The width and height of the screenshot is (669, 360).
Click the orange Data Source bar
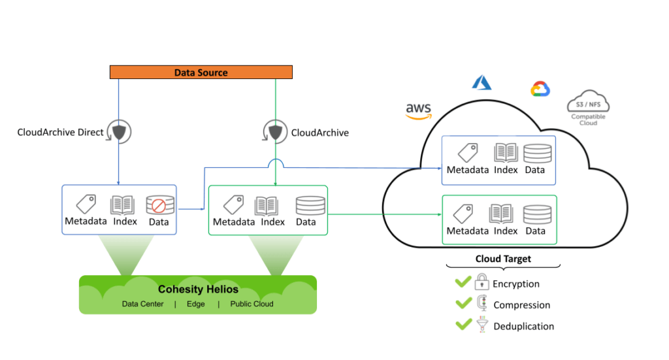pos(201,73)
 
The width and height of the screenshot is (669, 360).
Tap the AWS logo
pos(418,110)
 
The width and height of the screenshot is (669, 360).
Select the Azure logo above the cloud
pos(481,82)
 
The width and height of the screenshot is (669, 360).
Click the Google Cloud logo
pos(540,90)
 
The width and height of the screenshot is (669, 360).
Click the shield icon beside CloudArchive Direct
pos(120,132)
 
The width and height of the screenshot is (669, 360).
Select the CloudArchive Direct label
pos(60,133)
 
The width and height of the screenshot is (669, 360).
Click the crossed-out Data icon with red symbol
pos(159,205)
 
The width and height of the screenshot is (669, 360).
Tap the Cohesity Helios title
pos(198,289)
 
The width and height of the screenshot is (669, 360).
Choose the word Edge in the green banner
pos(196,304)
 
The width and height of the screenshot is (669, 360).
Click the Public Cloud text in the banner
pos(252,304)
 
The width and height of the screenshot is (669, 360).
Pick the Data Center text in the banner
pos(142,304)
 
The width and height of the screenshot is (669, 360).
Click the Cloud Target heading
pos(503,259)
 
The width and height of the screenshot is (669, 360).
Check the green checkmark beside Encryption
pos(463,283)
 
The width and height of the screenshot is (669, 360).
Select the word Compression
pos(522,305)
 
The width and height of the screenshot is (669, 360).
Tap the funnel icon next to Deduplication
pos(481,325)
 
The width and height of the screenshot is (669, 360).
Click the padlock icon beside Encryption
pos(481,283)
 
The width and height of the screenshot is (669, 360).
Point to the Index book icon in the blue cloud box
pos(506,153)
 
